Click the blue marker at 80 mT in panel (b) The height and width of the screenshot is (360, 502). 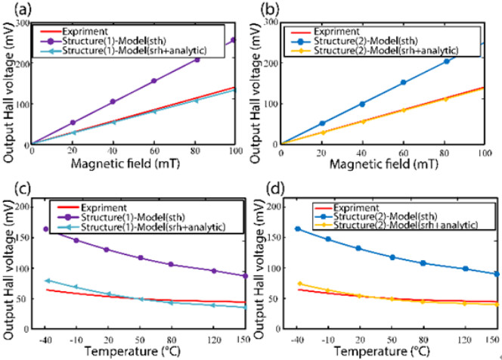click(x=445, y=61)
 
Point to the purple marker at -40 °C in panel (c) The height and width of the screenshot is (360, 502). click(x=46, y=228)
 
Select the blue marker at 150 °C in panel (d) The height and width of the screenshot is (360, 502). click(x=495, y=274)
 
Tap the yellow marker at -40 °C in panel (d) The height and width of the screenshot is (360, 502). click(x=300, y=284)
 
